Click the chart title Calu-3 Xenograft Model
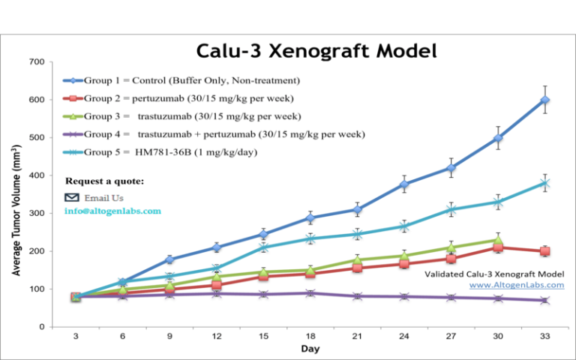click(316, 51)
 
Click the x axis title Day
click(310, 349)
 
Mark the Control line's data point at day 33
click(544, 100)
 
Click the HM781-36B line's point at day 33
click(544, 183)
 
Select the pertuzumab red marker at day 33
click(544, 251)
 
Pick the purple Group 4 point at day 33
click(544, 300)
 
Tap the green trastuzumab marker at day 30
click(497, 240)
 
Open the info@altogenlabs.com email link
click(112, 211)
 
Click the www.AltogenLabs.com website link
click(517, 285)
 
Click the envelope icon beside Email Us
click(72, 197)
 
